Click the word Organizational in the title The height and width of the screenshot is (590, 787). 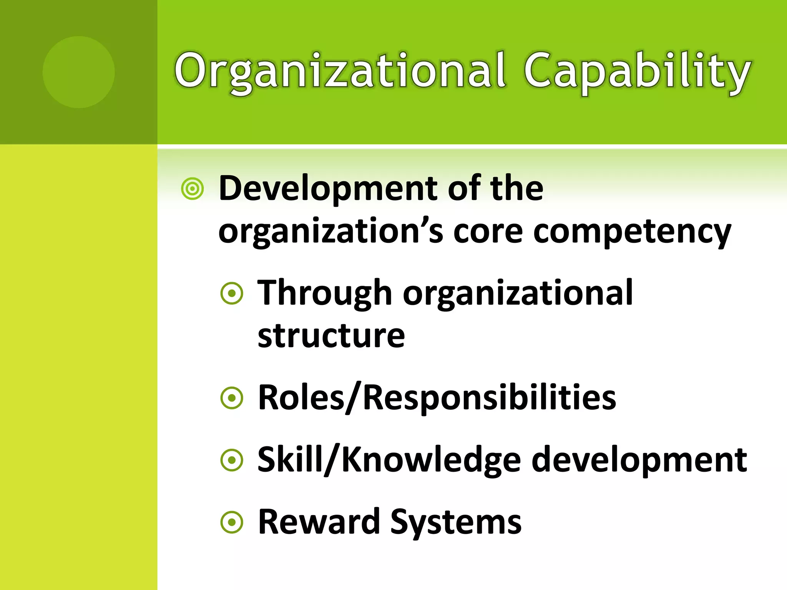pyautogui.click(x=340, y=72)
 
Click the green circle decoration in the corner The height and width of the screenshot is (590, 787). pyautogui.click(x=78, y=72)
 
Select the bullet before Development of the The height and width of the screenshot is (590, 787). pyautogui.click(x=192, y=189)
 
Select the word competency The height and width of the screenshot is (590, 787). pyautogui.click(x=632, y=233)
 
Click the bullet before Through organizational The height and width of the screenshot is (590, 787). pyautogui.click(x=232, y=294)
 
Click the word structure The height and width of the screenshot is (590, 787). pyautogui.click(x=331, y=336)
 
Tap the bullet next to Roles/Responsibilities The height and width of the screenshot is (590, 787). pyautogui.click(x=232, y=398)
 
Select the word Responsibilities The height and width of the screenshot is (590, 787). pyautogui.click(x=489, y=398)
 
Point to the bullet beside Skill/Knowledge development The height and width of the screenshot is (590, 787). pyautogui.click(x=232, y=460)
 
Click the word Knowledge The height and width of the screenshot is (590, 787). pyautogui.click(x=431, y=460)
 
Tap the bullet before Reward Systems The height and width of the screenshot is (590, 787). pyautogui.click(x=232, y=522)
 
